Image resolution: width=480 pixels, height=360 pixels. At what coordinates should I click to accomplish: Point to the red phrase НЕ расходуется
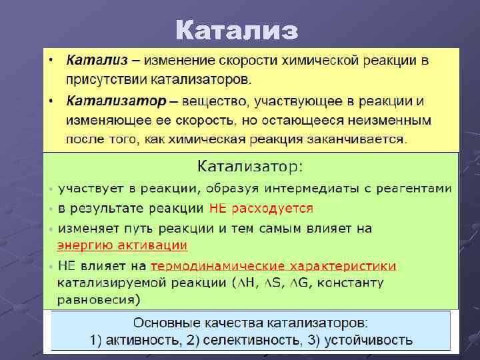pos(261,208)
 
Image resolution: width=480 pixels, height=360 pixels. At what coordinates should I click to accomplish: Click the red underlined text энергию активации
pos(123,245)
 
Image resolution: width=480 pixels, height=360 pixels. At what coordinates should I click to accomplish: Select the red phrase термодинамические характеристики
pos(273,266)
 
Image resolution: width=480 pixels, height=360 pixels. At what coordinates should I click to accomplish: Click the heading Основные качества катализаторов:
pos(251,323)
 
